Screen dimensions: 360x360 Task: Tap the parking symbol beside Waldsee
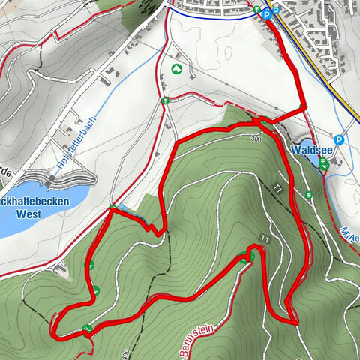coord(339,139)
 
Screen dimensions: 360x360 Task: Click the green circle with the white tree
coord(176,69)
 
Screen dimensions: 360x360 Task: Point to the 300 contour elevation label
coord(256,139)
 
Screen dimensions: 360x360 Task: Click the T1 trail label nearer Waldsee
coord(278,189)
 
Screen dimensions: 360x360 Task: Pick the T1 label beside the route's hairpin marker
coord(264,239)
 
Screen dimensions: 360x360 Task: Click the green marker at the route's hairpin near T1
coord(251,256)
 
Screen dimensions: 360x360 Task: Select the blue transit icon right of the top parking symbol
coord(277,10)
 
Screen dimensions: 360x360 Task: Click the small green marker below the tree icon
coord(164,100)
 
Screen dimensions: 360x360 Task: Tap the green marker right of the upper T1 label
coord(309,196)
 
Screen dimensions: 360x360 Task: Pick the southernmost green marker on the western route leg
coord(88,328)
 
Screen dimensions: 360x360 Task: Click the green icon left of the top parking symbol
coord(257,10)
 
